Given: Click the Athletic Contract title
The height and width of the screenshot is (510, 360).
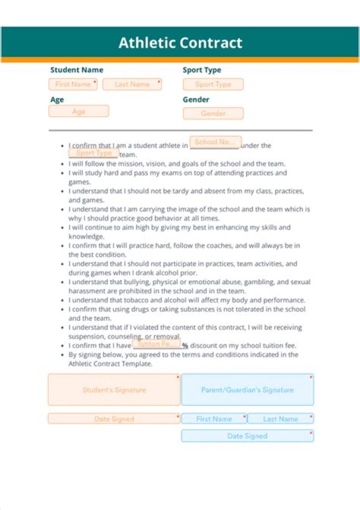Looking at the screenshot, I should (180, 43).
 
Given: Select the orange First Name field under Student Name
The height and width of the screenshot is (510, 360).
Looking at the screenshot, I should (73, 84).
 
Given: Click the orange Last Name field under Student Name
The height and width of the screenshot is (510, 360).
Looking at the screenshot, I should (132, 84).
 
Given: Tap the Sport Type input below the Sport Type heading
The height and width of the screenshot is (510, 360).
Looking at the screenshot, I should (213, 85).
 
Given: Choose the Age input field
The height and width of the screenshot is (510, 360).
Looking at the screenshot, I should (78, 111).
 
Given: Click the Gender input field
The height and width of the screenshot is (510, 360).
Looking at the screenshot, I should (213, 113).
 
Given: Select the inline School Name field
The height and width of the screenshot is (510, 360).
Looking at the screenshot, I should (215, 142).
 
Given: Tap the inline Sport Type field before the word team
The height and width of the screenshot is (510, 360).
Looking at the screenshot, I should (93, 153).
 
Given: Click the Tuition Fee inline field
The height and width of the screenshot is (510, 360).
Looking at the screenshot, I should (156, 344).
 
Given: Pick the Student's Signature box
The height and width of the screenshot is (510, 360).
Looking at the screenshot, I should (114, 389).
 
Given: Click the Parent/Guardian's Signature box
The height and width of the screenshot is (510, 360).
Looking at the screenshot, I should (247, 389).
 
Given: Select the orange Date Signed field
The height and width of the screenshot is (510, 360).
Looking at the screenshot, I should (114, 419).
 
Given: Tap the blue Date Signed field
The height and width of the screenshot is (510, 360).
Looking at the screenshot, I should (247, 436).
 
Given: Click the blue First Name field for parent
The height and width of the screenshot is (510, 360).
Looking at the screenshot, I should (214, 419).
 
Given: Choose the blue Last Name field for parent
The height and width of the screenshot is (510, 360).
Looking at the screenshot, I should (280, 419).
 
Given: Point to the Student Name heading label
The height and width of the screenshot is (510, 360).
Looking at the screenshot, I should (76, 70).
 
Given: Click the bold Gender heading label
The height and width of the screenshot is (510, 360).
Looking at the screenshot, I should (196, 100).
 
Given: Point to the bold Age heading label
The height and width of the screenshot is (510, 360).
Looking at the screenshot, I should (57, 100).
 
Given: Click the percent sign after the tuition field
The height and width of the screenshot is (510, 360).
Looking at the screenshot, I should (185, 346).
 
